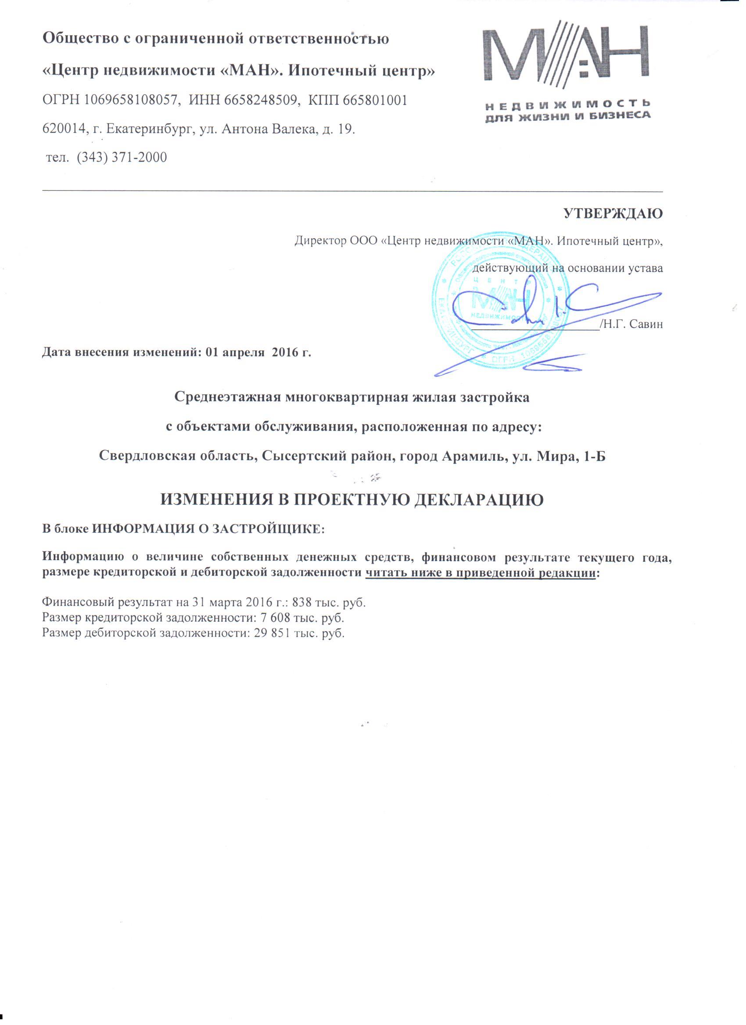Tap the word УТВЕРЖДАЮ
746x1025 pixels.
[613, 214]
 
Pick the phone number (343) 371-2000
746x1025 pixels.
[122, 158]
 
